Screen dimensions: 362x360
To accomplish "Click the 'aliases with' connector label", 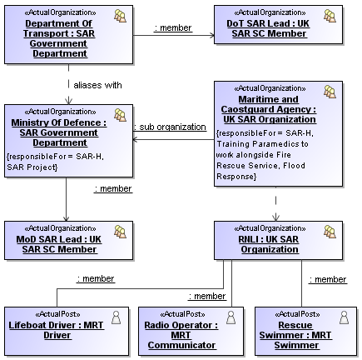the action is point(97,85).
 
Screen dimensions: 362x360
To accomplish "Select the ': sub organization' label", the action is point(171,127).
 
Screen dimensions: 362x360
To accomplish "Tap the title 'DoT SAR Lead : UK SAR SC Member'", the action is point(268,28).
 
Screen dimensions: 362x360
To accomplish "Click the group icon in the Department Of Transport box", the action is point(120,16).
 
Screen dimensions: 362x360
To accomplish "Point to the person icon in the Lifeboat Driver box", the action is point(117,317).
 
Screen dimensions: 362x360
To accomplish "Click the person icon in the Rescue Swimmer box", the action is point(345,317).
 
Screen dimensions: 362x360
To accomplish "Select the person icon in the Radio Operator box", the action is point(231,317).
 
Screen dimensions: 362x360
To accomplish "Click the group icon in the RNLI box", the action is point(330,232).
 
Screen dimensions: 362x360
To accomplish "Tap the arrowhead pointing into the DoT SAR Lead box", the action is point(212,35).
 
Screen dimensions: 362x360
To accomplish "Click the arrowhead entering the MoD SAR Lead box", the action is point(66,218).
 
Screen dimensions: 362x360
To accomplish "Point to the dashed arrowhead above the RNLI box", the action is point(275,217).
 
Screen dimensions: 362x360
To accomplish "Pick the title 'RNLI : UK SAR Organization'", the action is point(269,244).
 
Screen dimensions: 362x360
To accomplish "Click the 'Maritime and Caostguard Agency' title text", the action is point(269,104).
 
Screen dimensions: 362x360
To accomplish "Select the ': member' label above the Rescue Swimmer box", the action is point(328,279).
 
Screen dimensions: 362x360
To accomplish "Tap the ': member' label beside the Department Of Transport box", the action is point(173,27).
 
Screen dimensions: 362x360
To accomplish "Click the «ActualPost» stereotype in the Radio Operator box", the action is point(182,314).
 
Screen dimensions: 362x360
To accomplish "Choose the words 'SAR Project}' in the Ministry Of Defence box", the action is point(32,167).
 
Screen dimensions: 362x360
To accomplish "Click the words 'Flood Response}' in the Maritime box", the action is point(261,171).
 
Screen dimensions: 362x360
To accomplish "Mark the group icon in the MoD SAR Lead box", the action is point(120,232).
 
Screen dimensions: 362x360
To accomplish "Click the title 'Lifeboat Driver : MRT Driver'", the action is point(57,330).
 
